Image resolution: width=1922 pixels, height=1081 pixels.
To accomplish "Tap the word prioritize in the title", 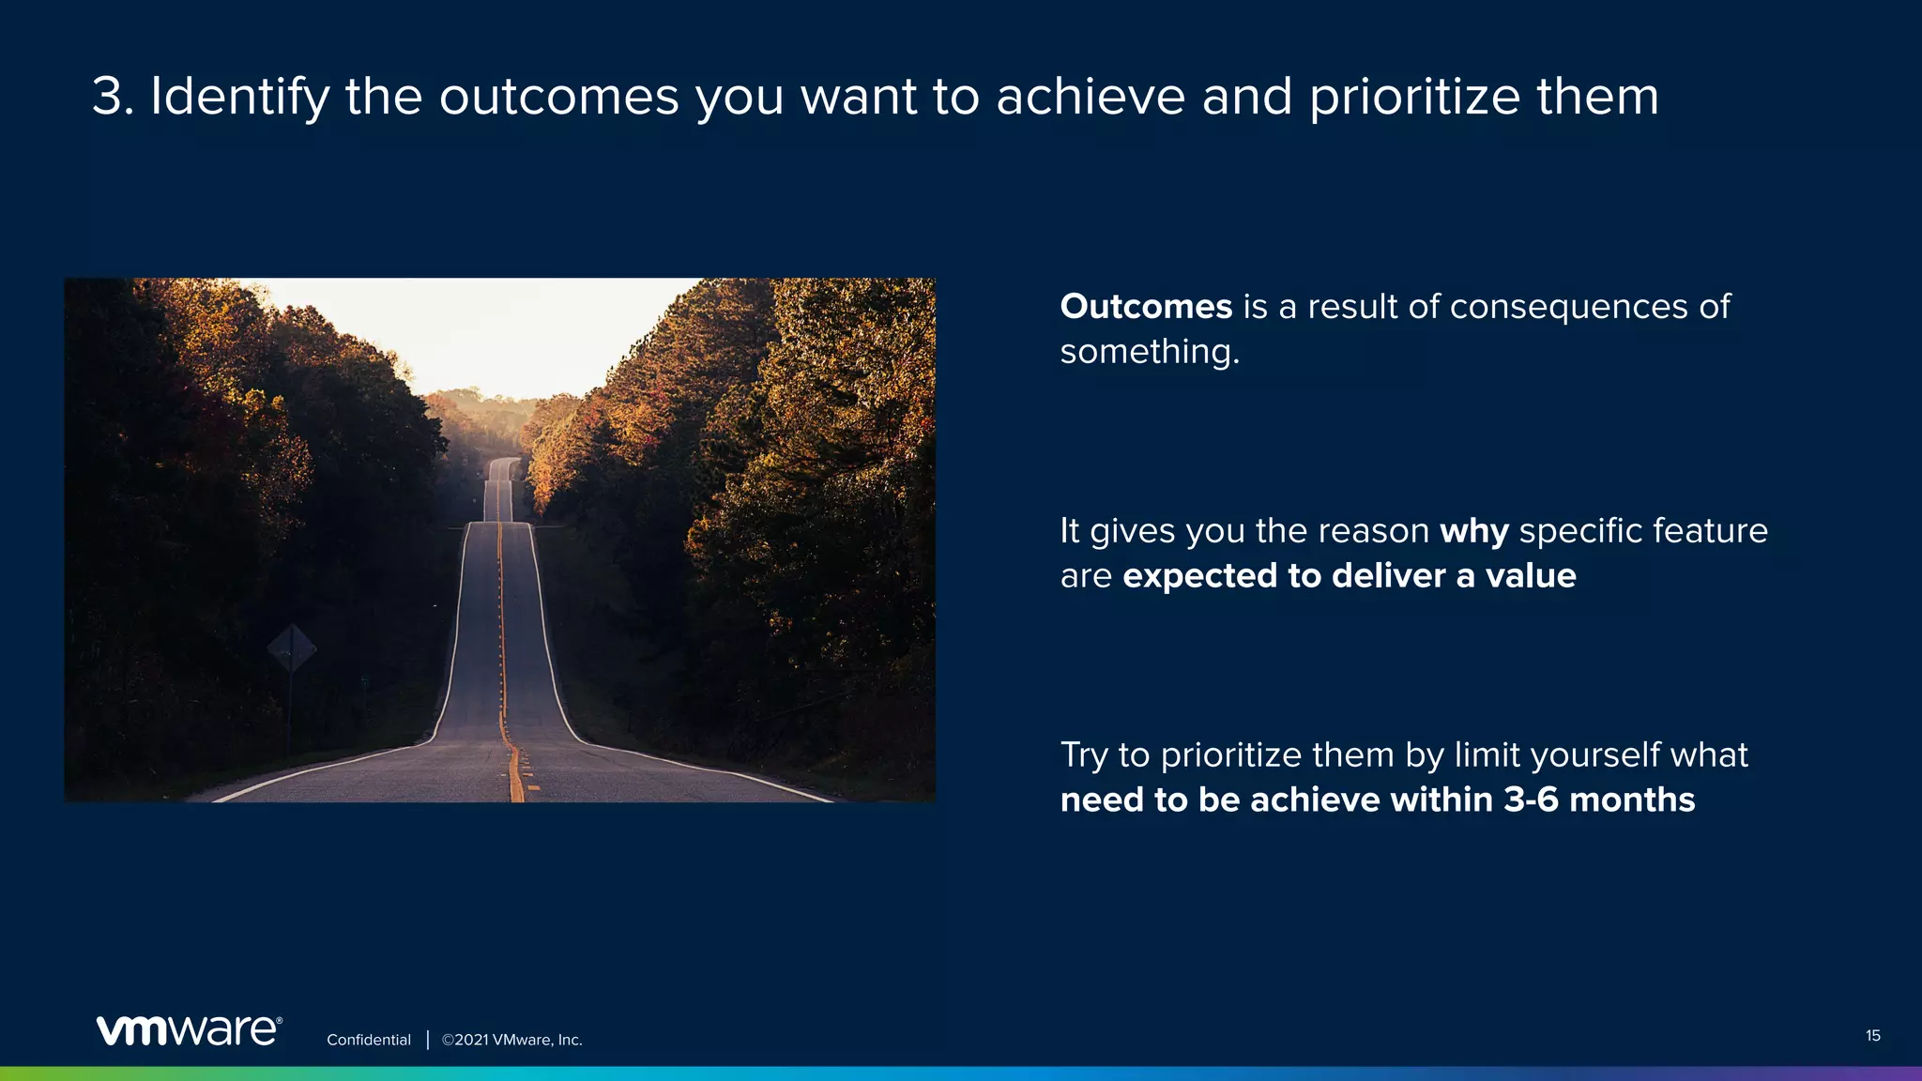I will pos(1413,99).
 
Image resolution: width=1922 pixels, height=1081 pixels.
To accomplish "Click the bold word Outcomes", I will pos(1146,307).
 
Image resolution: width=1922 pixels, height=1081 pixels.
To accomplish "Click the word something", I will pos(1149,352).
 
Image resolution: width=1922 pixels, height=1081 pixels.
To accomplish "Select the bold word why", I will pos(1474,532).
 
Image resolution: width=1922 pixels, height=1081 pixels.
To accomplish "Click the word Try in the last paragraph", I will pos(1084,756).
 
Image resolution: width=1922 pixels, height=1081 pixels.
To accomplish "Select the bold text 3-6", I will pos(1531,799).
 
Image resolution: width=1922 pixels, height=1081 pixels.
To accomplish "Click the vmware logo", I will pos(189,1030).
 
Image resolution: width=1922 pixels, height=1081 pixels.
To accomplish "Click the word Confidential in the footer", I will pos(368,1040).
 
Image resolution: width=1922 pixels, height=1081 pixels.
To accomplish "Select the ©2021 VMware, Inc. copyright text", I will pos(512,1040).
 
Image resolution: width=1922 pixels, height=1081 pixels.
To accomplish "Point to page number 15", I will pos(1872,1036).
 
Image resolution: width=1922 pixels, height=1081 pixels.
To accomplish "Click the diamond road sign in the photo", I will pos(291,648).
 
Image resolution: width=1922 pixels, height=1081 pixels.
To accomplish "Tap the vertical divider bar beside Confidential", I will pos(428,1040).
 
